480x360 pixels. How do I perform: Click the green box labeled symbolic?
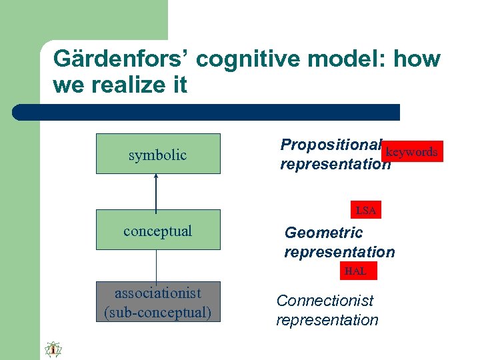(x=158, y=154)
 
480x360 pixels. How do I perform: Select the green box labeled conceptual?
(x=158, y=230)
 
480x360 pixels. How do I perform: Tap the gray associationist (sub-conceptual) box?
(x=158, y=302)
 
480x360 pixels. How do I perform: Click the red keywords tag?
(x=412, y=152)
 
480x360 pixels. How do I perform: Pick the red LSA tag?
(x=365, y=211)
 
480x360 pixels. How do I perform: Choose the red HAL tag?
(x=355, y=271)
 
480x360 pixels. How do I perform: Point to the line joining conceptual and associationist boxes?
(x=156, y=265)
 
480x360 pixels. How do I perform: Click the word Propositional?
(x=331, y=145)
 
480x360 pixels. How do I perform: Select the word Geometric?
(x=323, y=233)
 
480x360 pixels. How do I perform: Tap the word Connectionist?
(x=325, y=301)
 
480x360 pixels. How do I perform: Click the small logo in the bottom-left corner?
(x=53, y=349)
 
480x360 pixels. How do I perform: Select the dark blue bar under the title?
(x=207, y=112)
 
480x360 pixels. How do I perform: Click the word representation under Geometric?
(x=339, y=252)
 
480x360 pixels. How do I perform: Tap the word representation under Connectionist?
(x=327, y=320)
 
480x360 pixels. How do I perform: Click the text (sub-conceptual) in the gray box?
(x=158, y=312)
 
